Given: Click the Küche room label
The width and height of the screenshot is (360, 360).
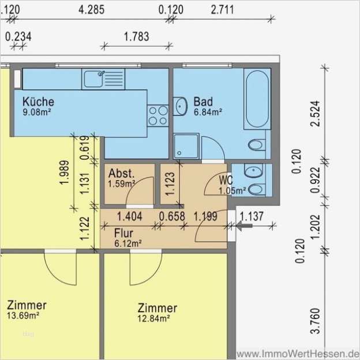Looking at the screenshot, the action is [38, 102].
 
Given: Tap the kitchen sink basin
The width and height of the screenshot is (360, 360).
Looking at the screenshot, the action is [93, 79].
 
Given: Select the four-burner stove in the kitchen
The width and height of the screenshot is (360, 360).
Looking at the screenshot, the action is [157, 116].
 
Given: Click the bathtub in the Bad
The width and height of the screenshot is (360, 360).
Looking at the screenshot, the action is [257, 99].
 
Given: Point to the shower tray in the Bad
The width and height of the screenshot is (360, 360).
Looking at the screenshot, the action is [186, 147].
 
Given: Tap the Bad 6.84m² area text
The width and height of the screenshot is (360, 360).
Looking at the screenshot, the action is [208, 112].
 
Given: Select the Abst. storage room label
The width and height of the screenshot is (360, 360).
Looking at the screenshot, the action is [121, 173].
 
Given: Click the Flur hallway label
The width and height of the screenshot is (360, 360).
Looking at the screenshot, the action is [123, 233].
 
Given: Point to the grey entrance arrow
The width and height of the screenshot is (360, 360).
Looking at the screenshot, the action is [244, 226].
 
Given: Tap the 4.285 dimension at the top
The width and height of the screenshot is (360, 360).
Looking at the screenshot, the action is [91, 10].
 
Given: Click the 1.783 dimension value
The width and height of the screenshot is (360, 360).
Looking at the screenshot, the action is [136, 36].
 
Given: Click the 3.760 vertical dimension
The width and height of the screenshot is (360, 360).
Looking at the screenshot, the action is [315, 321].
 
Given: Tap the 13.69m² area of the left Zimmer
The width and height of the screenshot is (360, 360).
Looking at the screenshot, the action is [22, 316].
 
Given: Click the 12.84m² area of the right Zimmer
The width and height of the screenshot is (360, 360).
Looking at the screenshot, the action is [153, 318].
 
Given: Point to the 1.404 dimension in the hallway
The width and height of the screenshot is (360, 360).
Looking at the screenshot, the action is [130, 216].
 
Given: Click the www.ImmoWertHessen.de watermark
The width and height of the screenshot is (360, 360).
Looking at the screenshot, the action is [298, 354].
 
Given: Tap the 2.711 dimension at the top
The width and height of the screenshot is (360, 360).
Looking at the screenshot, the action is [222, 10].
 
